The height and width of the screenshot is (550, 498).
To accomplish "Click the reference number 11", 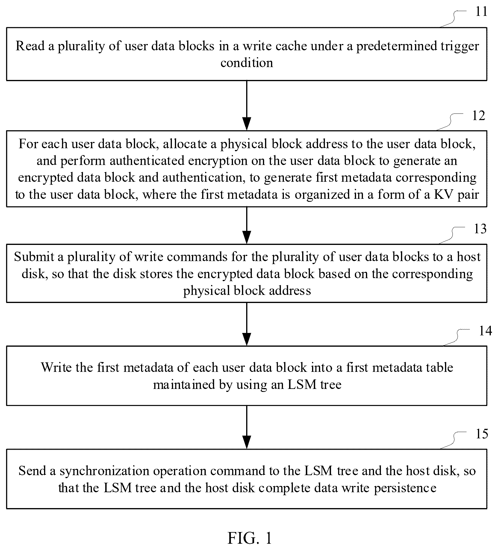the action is pyautogui.click(x=482, y=12).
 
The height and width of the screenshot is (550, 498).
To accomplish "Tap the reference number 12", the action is pyautogui.click(x=478, y=116).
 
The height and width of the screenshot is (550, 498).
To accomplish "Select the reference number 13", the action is pyautogui.click(x=480, y=229).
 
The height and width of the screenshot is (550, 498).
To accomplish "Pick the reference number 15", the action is pyautogui.click(x=482, y=434).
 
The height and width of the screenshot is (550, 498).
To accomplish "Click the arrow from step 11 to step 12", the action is pyautogui.click(x=247, y=105).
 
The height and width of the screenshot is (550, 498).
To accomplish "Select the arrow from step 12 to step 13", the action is pyautogui.click(x=247, y=225).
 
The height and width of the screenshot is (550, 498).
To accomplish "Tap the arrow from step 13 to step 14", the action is pyautogui.click(x=247, y=324).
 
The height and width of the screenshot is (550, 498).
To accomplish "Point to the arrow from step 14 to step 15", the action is pyautogui.click(x=247, y=427).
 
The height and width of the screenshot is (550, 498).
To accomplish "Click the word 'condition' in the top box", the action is pyautogui.click(x=247, y=63).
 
